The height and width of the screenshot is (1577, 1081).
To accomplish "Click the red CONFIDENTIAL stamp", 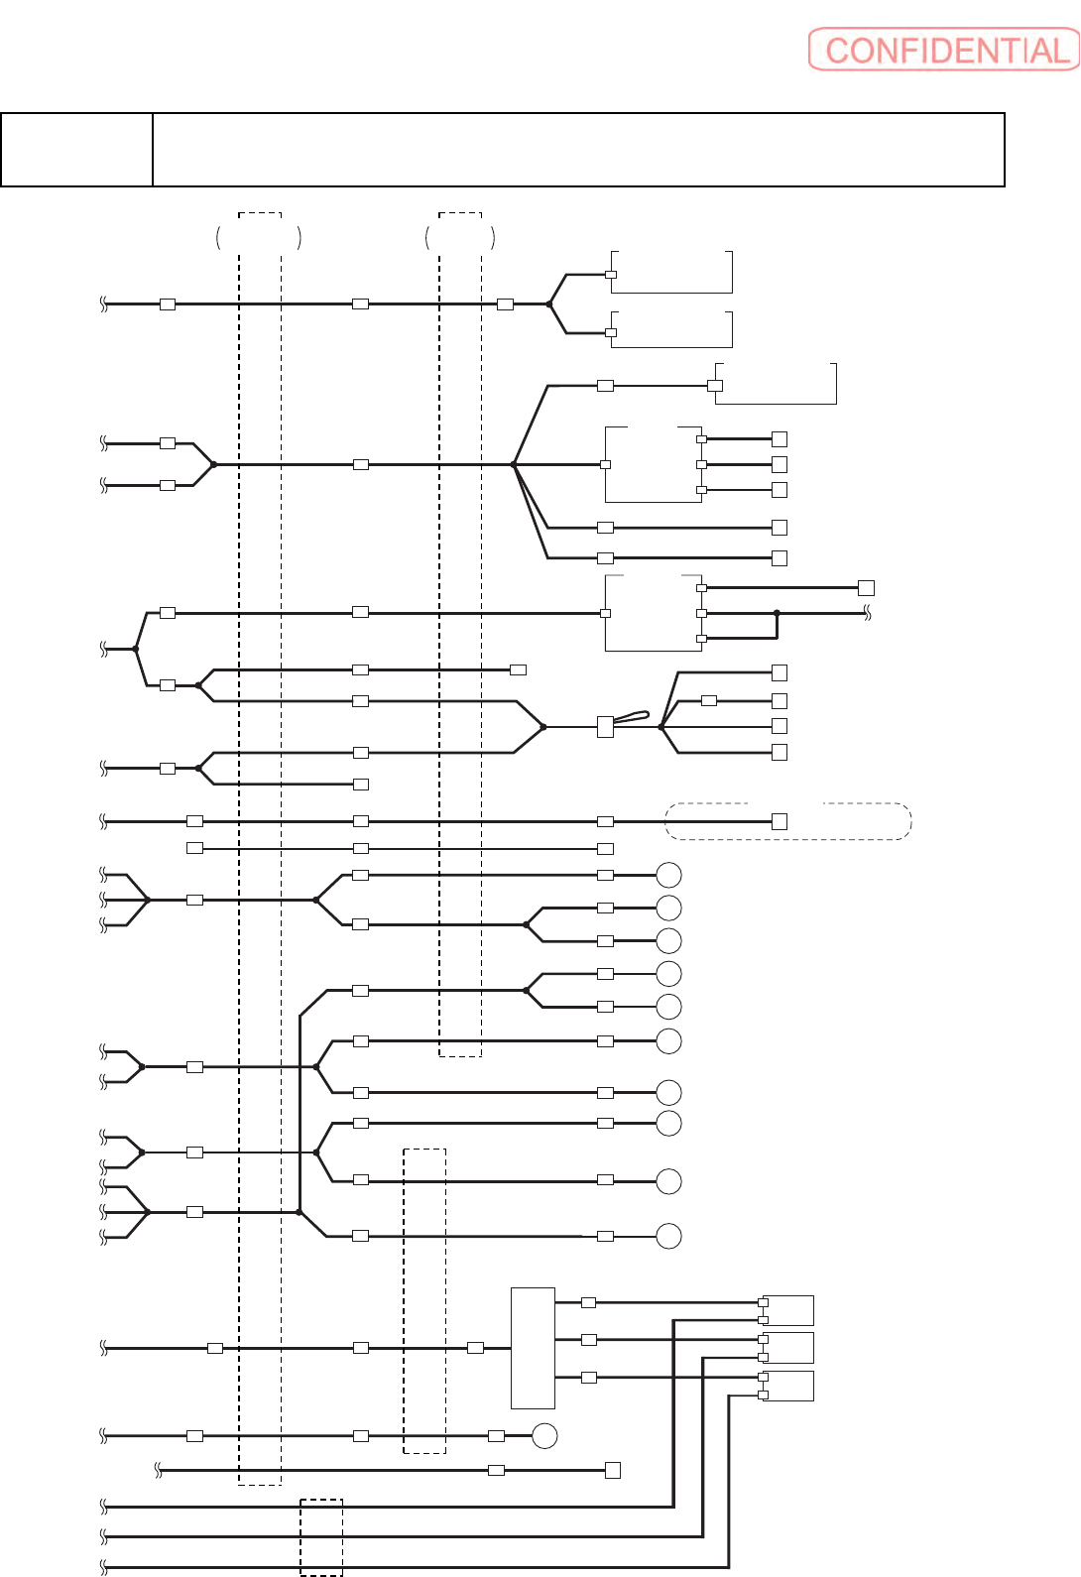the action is tap(943, 50).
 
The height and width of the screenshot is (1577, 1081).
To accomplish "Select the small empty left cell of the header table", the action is tap(76, 150).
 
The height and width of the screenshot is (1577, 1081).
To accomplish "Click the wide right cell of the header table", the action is tap(578, 150).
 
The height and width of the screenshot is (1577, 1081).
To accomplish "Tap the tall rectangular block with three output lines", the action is tap(533, 1348).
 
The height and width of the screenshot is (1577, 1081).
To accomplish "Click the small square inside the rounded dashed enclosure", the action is tap(780, 821).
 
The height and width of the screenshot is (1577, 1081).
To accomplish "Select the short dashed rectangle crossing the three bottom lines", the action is tap(321, 1537).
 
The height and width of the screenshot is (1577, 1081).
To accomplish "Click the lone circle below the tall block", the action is tap(544, 1435).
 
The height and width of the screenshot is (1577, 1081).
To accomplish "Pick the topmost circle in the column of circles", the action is tap(669, 875).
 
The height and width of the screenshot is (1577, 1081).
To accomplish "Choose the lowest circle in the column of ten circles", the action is tap(669, 1236).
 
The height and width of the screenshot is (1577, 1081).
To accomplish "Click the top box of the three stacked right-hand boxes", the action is tap(789, 1310).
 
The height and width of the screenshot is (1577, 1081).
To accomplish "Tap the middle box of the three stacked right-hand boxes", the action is tap(789, 1348).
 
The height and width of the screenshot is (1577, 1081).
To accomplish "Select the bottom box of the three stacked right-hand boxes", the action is tap(789, 1386).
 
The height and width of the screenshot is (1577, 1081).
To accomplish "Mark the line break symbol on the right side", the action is tap(867, 614).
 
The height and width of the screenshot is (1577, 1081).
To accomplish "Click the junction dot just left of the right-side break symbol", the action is tap(777, 613).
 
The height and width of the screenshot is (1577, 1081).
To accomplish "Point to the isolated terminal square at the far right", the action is tap(866, 588).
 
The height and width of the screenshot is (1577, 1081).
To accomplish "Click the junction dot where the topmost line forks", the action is tap(549, 303).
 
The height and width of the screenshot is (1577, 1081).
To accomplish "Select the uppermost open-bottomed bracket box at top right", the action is tap(671, 272).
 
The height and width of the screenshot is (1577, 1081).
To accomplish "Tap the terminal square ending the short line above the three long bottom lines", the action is tap(613, 1470).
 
